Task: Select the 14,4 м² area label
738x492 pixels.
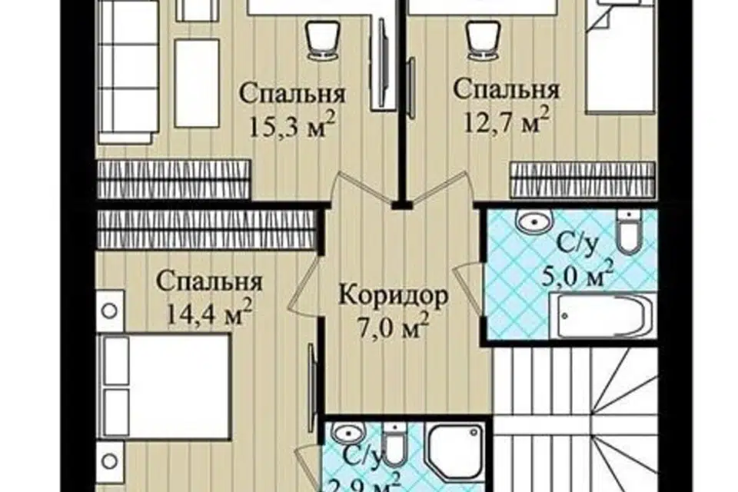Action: click(208, 311)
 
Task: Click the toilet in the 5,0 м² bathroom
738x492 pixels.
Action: click(629, 232)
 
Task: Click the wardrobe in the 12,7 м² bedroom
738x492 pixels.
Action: click(583, 179)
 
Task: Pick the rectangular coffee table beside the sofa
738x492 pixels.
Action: click(197, 83)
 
